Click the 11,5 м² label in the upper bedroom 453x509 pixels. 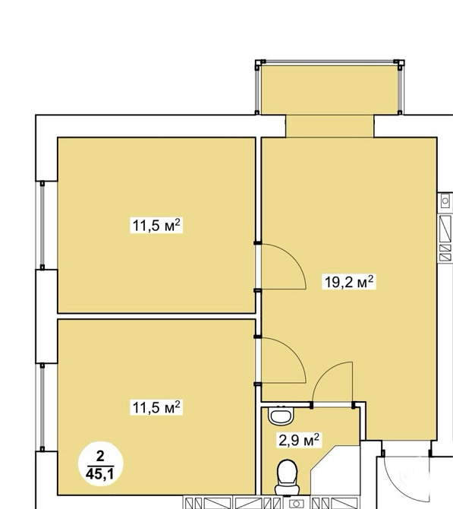click(x=156, y=225)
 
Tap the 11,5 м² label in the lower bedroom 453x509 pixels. click(x=156, y=406)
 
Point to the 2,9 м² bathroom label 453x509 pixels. click(x=299, y=440)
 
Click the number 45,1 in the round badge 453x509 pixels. click(x=100, y=474)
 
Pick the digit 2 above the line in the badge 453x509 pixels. click(x=100, y=457)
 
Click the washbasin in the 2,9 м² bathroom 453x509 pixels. click(x=281, y=416)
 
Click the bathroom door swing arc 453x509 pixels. click(x=324, y=373)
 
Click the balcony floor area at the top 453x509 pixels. click(x=330, y=90)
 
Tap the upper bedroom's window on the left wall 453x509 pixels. click(x=42, y=225)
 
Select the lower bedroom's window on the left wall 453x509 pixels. click(x=42, y=407)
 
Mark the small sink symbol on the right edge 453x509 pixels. click(x=445, y=201)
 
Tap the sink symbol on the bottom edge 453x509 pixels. click(x=296, y=504)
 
